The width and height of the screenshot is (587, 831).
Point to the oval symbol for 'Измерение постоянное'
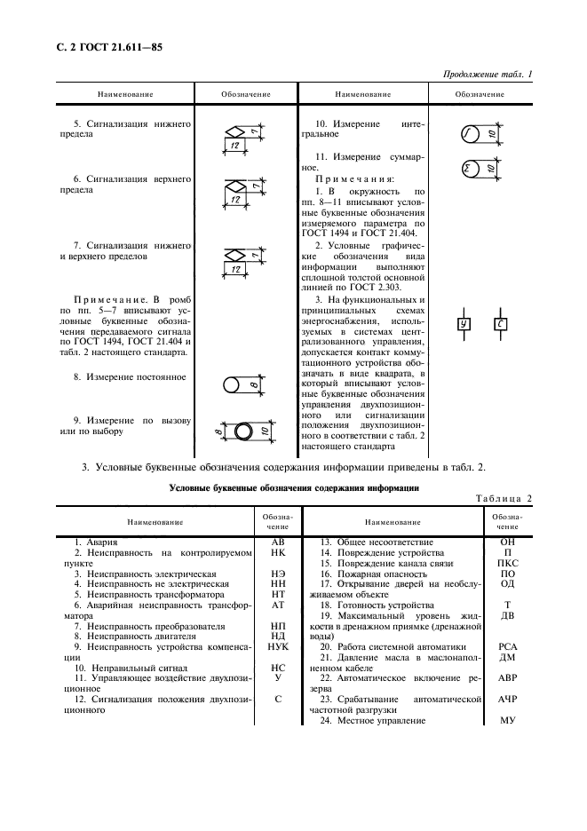(234, 384)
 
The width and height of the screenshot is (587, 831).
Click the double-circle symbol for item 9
(244, 431)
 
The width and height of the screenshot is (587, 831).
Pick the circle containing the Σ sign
(468, 168)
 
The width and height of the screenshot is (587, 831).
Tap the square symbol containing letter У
(464, 324)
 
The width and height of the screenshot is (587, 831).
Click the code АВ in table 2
(277, 541)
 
